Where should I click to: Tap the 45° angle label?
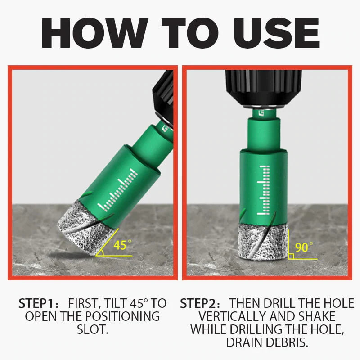point(122,245)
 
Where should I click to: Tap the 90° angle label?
point(304,247)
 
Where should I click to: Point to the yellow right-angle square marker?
point(291,256)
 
